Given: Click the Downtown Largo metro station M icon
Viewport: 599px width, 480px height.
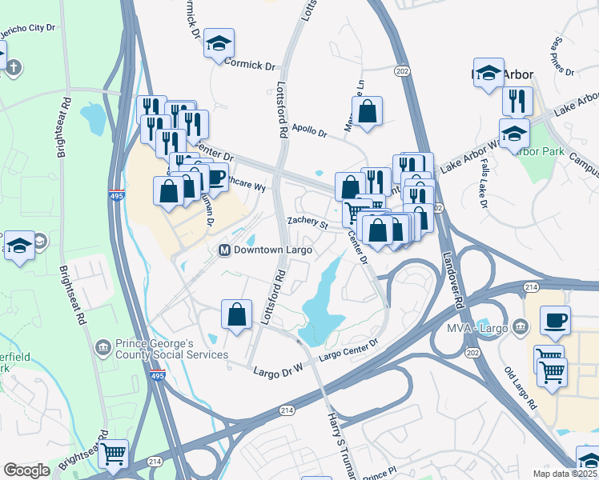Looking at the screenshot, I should [225, 250].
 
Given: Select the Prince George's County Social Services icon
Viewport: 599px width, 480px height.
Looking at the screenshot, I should [103, 347].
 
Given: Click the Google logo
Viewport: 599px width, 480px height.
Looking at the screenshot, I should [26, 470].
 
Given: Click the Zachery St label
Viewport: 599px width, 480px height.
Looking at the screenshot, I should [308, 222].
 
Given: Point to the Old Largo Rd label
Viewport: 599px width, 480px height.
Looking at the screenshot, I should [521, 390].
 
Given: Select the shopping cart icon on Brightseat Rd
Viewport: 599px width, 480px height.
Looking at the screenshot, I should [113, 454].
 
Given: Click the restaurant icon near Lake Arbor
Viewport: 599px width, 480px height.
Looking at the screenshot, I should [517, 101].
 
